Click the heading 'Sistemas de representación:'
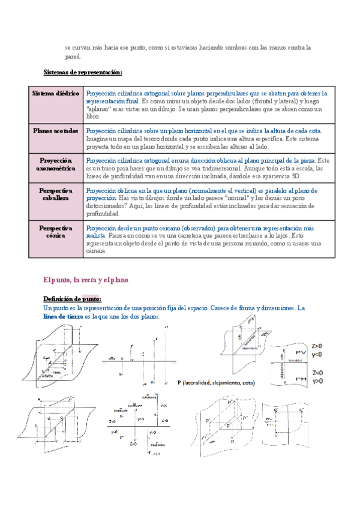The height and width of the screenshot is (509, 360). [x=83, y=73]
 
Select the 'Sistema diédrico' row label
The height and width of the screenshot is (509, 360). [x=57, y=94]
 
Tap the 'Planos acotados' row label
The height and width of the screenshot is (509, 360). [x=57, y=130]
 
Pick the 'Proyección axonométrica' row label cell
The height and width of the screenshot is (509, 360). [x=57, y=165]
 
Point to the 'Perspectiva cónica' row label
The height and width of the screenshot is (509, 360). [x=57, y=232]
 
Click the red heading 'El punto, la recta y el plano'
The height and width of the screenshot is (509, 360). [x=86, y=280]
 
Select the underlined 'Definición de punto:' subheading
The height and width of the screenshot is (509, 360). [x=73, y=299]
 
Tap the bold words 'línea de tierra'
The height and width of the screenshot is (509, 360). [x=63, y=317]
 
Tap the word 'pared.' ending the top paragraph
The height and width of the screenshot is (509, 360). [x=73, y=57]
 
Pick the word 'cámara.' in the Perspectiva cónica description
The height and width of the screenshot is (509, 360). [x=97, y=251]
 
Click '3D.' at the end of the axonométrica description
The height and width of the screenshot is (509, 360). [x=298, y=176]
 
